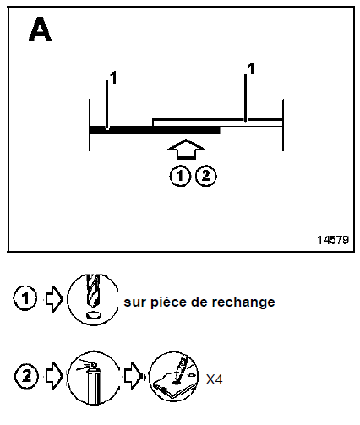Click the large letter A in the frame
tap(40, 30)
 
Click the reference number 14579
tap(333, 240)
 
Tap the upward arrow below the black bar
tap(186, 150)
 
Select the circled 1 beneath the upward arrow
tap(180, 176)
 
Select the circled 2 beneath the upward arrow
tap(206, 176)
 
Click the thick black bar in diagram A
tap(155, 130)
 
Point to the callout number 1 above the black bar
tap(113, 78)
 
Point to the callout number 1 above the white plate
tap(251, 68)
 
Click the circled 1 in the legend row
tap(25, 298)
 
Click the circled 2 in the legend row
tap(26, 376)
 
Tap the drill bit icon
tap(93, 299)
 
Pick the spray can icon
tap(94, 378)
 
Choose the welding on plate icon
tap(173, 376)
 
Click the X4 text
tap(214, 379)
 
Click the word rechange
tap(243, 302)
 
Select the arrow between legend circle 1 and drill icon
tap(54, 299)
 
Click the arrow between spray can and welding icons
tap(133, 376)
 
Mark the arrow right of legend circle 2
tap(54, 376)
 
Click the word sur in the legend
tap(135, 302)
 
